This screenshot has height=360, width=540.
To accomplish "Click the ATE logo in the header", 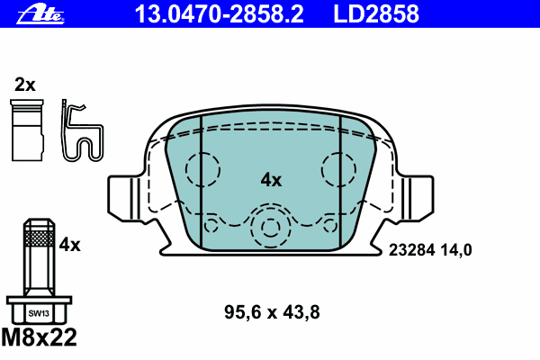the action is point(40,15).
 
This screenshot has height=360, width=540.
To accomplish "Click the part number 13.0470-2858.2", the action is point(219,14).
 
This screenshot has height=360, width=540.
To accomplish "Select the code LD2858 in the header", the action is point(376,14).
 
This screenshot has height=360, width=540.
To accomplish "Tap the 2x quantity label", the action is point(25,85).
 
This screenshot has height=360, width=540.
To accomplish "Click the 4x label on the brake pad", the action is point(271,180).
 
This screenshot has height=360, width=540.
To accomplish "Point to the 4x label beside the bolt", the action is point(69,245).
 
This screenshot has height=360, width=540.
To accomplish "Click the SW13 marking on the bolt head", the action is point(39,313).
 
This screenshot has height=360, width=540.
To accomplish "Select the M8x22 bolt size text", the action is point(40,337).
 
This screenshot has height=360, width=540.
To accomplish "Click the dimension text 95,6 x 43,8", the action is point(272,312).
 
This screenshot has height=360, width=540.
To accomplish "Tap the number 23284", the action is point(412,250).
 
